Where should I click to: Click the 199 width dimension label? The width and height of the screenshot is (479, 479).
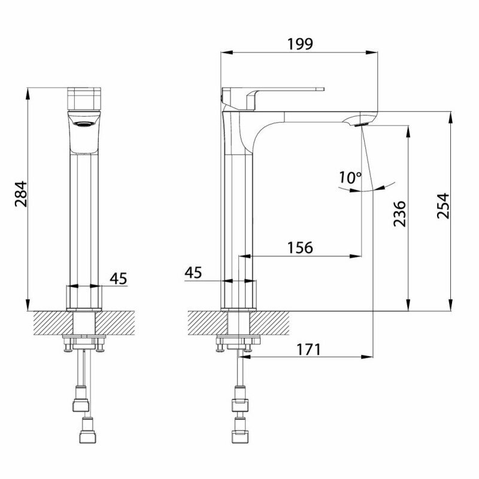point(301,44)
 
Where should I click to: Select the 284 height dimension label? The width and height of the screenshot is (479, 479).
point(21,194)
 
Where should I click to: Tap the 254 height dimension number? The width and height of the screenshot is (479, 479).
point(443,205)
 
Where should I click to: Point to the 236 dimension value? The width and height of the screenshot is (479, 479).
point(399,214)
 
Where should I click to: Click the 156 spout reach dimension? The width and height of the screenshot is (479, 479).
point(300,247)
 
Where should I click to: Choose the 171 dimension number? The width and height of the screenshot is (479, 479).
point(309,350)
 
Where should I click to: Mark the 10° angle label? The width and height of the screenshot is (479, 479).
point(350,177)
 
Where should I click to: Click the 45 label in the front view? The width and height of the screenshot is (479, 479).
point(119,278)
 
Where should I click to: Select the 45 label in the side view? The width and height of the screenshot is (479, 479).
point(193,272)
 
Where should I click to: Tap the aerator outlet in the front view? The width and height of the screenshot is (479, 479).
point(84,124)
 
